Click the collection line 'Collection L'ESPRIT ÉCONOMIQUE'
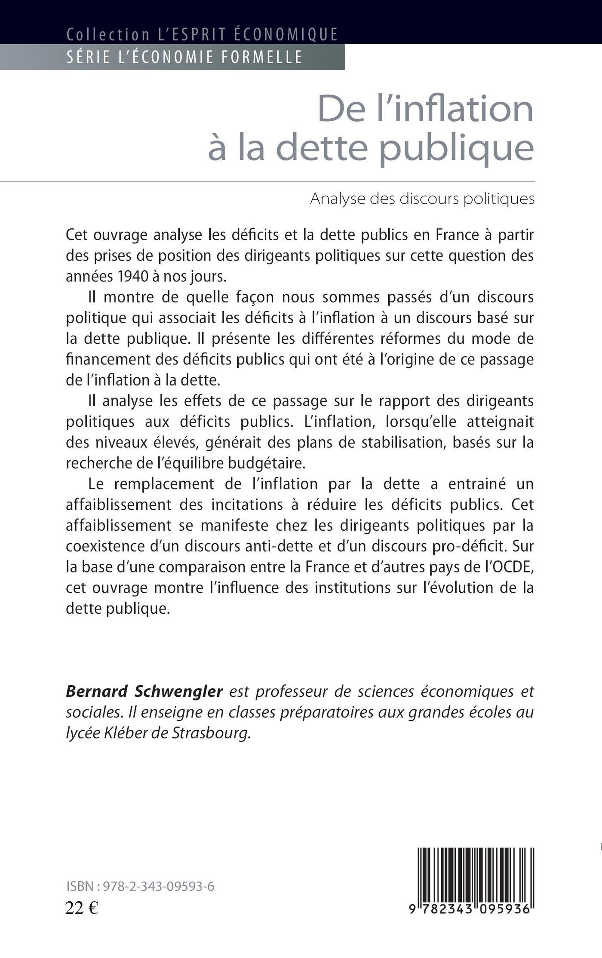pos(202,34)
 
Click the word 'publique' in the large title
pos(457,148)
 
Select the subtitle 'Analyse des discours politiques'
pos(422,199)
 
